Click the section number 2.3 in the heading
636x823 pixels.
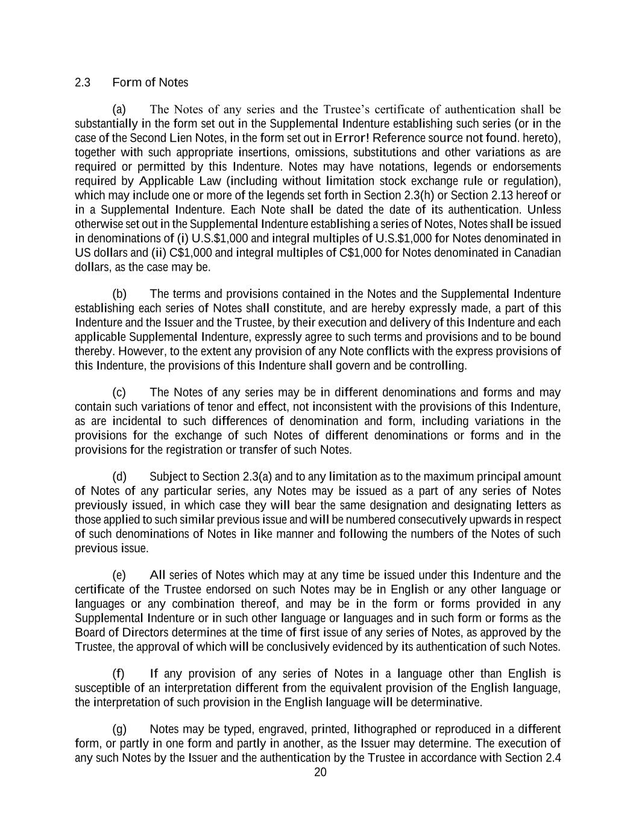pos(83,83)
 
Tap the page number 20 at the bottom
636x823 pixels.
pos(320,773)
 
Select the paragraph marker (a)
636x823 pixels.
pos(119,110)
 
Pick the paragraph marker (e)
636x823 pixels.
pos(119,575)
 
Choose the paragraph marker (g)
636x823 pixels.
pos(119,730)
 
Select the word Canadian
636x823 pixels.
pos(537,253)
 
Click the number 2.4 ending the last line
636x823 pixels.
pos(553,758)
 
